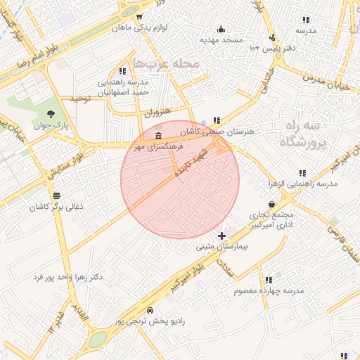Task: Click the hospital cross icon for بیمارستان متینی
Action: pyautogui.click(x=222, y=236)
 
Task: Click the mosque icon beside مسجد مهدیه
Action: pyautogui.click(x=221, y=29)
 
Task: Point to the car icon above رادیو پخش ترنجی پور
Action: pyautogui.click(x=150, y=309)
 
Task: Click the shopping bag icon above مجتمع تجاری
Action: pyautogui.click(x=271, y=204)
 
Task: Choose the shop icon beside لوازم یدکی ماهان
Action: pyautogui.click(x=140, y=17)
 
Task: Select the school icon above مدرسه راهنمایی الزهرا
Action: pyautogui.click(x=302, y=172)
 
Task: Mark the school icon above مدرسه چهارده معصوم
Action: pyautogui.click(x=269, y=279)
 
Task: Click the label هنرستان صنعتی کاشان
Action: pyautogui.click(x=223, y=131)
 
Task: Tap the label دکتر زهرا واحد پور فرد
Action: pyautogui.click(x=67, y=277)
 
